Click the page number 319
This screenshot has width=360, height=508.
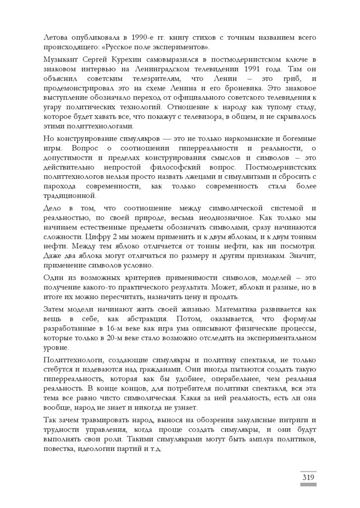tap(308, 477)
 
